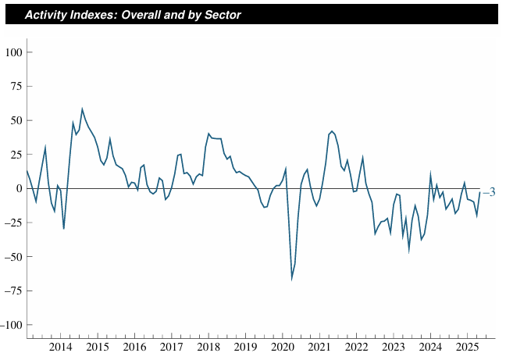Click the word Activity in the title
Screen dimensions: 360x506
(48, 15)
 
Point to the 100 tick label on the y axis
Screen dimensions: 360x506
(14, 52)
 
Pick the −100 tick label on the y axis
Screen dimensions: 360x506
(12, 325)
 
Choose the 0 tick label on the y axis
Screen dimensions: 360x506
(20, 189)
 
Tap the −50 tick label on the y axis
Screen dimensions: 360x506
(14, 257)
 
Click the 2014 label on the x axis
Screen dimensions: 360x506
(61, 347)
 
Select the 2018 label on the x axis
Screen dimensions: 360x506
(208, 347)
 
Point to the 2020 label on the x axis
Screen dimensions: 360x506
(282, 347)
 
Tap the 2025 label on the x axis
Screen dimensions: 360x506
(467, 347)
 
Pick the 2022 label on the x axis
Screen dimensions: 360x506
(356, 347)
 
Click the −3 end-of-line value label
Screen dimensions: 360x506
(488, 193)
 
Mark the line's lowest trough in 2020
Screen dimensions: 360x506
(292, 278)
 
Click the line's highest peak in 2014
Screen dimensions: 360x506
(82, 109)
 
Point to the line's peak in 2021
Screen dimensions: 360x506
(332, 131)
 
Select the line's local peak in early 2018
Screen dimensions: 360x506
(208, 134)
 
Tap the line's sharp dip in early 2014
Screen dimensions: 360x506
(63, 228)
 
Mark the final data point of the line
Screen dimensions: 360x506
(479, 193)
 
